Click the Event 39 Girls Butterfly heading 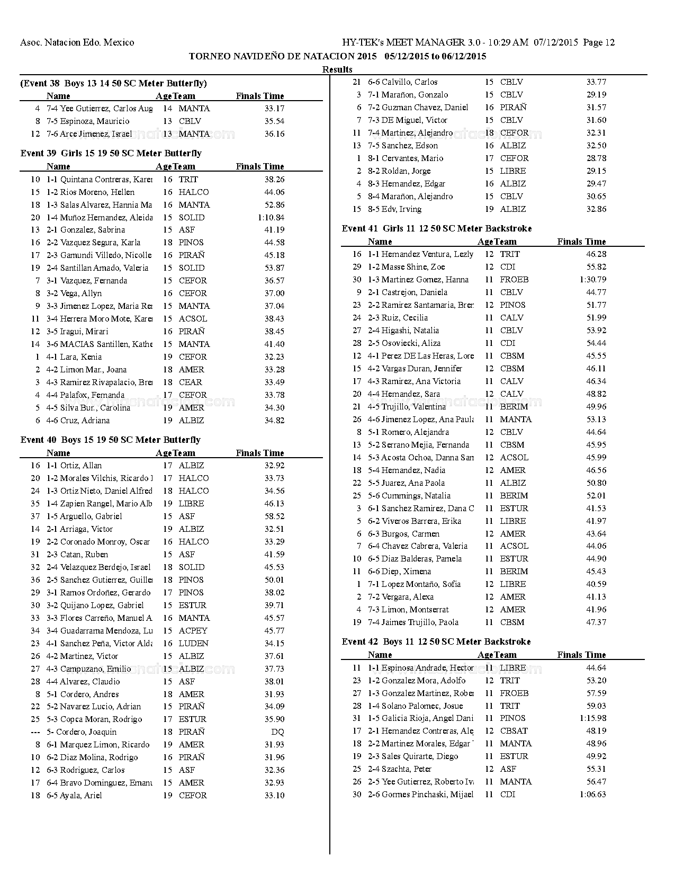[x=111, y=153]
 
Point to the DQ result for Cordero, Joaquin [x=277, y=732]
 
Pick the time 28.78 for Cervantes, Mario [x=596, y=158]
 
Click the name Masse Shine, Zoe [x=407, y=267]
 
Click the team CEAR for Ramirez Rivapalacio [x=190, y=382]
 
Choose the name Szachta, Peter [x=400, y=769]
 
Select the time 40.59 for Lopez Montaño [x=596, y=584]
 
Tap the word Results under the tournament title [x=337, y=69]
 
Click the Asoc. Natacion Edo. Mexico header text [x=77, y=42]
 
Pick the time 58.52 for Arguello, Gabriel [x=274, y=516]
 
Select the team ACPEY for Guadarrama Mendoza [x=193, y=630]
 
